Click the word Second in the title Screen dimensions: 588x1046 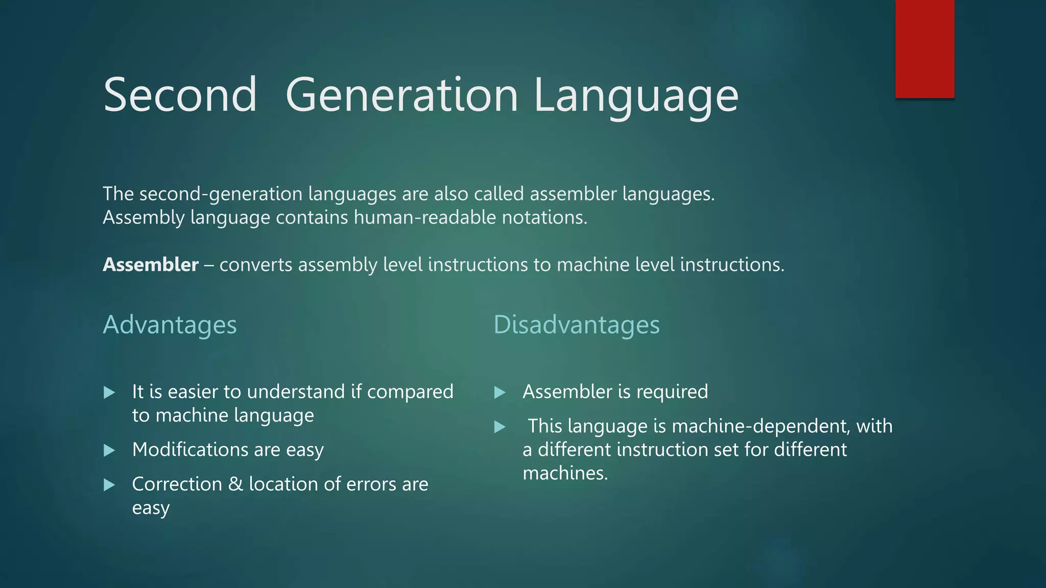[180, 95]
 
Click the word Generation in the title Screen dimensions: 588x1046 [402, 95]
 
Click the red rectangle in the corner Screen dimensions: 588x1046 [924, 49]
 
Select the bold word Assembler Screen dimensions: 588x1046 [151, 265]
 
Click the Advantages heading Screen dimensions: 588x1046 [170, 325]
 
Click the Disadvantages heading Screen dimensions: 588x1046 [576, 325]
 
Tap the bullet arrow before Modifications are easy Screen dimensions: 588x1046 [109, 450]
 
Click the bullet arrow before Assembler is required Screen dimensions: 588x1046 [500, 393]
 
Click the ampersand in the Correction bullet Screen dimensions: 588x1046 [235, 484]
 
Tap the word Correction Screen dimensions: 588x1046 [177, 484]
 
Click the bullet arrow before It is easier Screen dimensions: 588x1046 [109, 393]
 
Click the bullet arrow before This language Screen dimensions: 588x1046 [500, 427]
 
